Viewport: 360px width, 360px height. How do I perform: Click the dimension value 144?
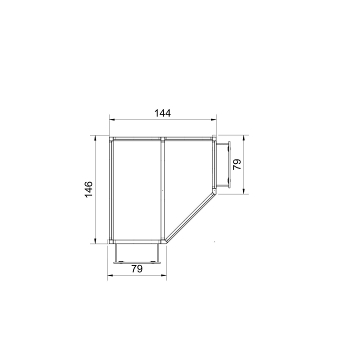point(162,113)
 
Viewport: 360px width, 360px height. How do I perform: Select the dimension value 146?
point(88,189)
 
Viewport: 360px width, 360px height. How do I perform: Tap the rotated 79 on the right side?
point(237,164)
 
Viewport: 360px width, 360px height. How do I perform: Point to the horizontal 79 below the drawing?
point(137,268)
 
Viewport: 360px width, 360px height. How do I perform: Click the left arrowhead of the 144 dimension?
point(112,119)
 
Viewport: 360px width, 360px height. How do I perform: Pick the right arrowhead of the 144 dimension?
point(214,119)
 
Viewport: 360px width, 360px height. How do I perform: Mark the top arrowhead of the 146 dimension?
point(95,138)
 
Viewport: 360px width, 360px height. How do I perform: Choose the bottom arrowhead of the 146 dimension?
point(95,241)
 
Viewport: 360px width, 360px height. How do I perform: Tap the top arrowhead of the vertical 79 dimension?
point(244,138)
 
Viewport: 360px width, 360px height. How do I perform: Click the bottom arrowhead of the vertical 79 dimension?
point(244,191)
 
